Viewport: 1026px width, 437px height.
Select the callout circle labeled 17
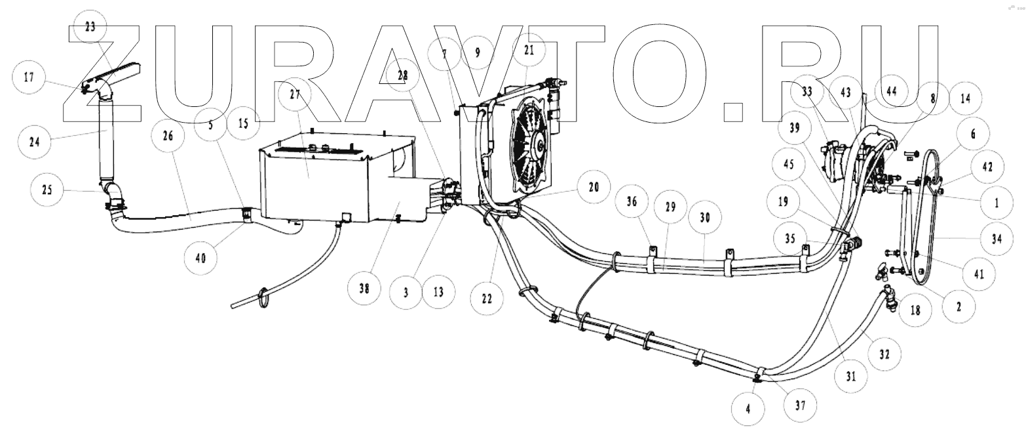click(x=29, y=77)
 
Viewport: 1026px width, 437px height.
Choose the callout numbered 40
click(x=200, y=258)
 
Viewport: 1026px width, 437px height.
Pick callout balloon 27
click(x=294, y=94)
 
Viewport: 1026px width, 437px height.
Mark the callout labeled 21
click(x=529, y=50)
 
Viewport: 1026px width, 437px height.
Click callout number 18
click(x=915, y=309)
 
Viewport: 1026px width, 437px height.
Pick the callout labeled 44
click(x=890, y=91)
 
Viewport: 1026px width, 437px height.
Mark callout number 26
click(x=167, y=136)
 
